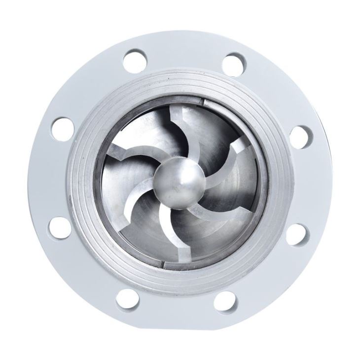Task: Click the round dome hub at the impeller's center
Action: (179, 180)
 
